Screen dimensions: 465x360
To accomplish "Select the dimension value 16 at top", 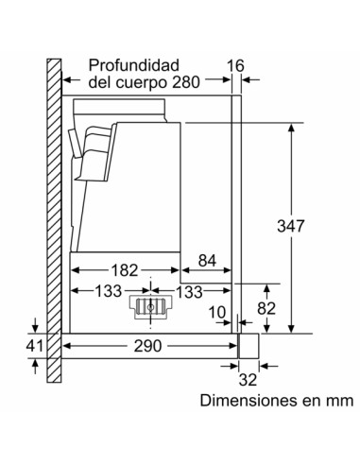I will (236, 65).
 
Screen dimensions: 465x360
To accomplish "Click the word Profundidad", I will (133, 66).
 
